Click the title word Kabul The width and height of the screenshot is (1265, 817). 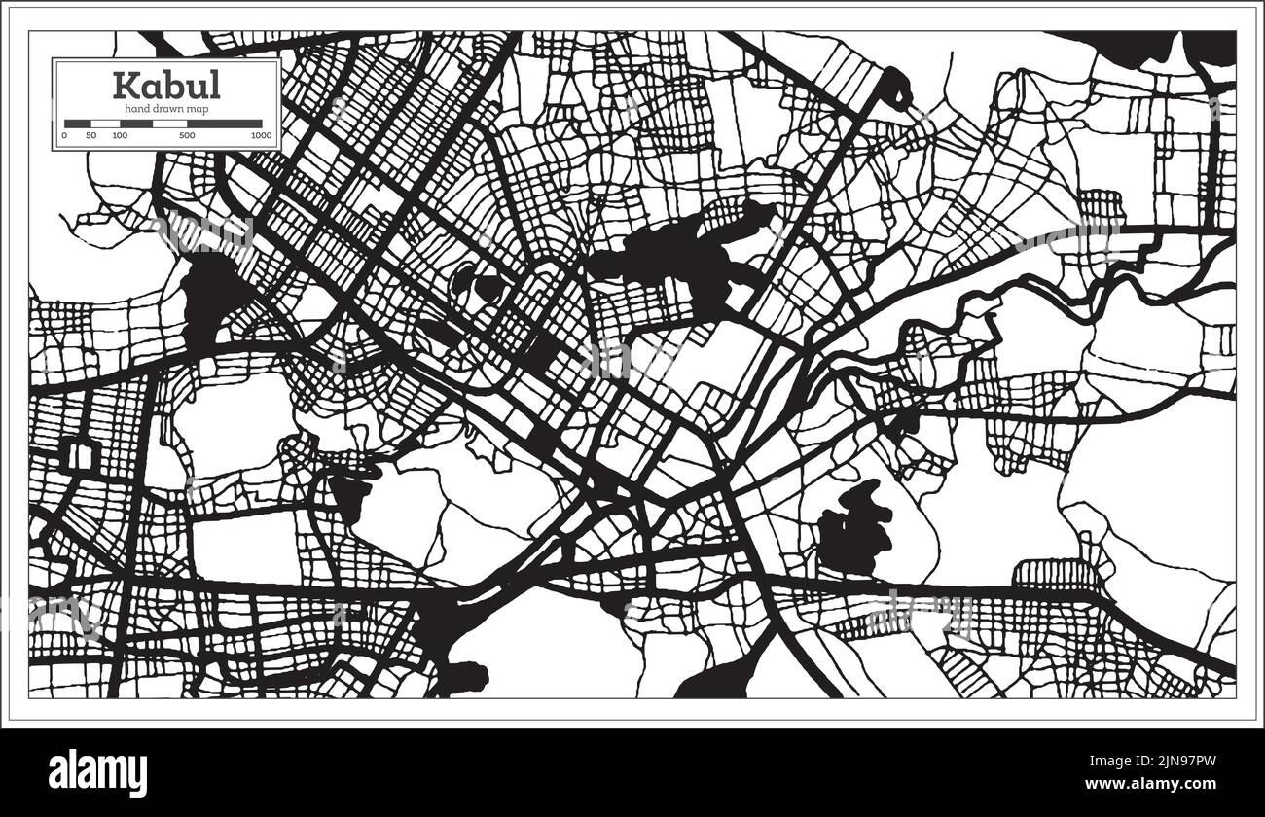click(x=166, y=86)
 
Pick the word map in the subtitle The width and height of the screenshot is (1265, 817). click(x=197, y=109)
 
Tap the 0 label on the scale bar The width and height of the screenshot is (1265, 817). click(x=64, y=136)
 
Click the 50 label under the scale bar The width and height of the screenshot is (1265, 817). click(x=90, y=136)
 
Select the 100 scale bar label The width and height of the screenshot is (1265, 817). click(x=119, y=136)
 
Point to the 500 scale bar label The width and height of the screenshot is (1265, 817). click(x=186, y=136)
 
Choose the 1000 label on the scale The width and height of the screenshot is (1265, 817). click(x=260, y=136)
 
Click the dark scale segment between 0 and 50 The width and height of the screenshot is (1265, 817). click(x=77, y=124)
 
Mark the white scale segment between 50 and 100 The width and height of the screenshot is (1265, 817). click(x=104, y=124)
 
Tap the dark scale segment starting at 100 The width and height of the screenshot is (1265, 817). click(x=135, y=124)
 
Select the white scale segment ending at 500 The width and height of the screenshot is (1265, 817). click(x=169, y=124)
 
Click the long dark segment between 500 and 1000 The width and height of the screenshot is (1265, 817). click(x=224, y=124)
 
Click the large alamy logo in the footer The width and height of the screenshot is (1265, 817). click(x=98, y=772)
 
